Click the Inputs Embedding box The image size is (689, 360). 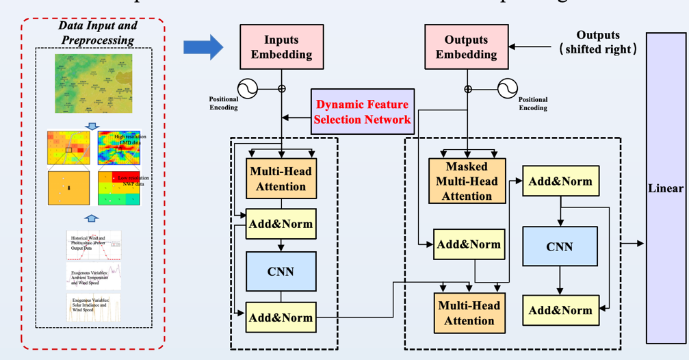[x=281, y=47]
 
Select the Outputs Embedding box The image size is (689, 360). [x=466, y=47]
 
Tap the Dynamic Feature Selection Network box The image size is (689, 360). [x=363, y=112]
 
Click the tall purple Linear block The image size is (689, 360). [x=666, y=188]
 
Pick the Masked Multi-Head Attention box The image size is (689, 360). [x=467, y=181]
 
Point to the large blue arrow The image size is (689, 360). [x=203, y=47]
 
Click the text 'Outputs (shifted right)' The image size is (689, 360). [x=597, y=42]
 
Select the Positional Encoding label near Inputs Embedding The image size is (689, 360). [x=223, y=103]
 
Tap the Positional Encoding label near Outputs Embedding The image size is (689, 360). [x=533, y=103]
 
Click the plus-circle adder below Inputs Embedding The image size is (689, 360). [x=281, y=89]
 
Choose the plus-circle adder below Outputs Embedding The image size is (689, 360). [x=468, y=89]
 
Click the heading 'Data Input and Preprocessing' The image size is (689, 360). [x=97, y=32]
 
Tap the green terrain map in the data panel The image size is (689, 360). [x=94, y=83]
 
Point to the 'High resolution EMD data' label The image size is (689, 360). [x=130, y=140]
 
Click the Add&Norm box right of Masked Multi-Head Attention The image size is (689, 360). [x=560, y=181]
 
